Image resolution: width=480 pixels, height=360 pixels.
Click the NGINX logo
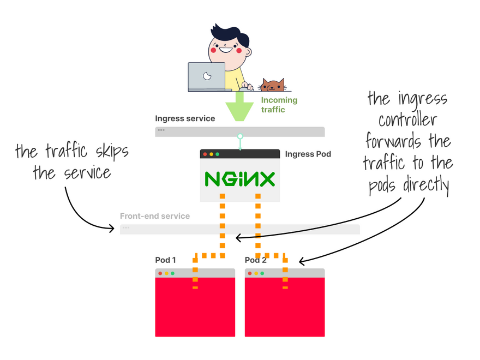[x=239, y=179]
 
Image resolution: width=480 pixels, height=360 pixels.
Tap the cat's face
[x=272, y=86]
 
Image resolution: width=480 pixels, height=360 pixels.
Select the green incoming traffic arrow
[x=239, y=106]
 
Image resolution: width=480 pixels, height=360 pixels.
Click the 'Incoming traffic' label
[x=279, y=105]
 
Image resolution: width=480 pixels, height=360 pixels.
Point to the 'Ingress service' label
[x=185, y=118]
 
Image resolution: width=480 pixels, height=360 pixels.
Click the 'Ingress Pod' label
[x=308, y=154]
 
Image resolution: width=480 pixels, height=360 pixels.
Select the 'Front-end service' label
[x=155, y=216]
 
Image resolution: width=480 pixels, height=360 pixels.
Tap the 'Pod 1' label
[x=165, y=260]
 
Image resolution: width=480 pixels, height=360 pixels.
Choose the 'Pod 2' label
[x=256, y=260]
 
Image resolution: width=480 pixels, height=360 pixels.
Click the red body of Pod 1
[x=195, y=307]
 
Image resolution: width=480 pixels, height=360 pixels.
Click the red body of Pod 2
[x=285, y=307]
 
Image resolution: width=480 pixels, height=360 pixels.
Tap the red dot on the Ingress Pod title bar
[x=205, y=154]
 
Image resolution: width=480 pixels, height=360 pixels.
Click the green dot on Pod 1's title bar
[x=173, y=273]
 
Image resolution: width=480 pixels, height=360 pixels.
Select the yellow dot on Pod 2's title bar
[x=256, y=273]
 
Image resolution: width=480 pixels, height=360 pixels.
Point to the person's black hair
[x=231, y=34]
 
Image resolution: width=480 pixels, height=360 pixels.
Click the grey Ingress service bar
[x=239, y=131]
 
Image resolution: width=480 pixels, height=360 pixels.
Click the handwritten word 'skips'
[x=112, y=152]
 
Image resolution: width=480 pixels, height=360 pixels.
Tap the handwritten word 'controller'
[x=408, y=119]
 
